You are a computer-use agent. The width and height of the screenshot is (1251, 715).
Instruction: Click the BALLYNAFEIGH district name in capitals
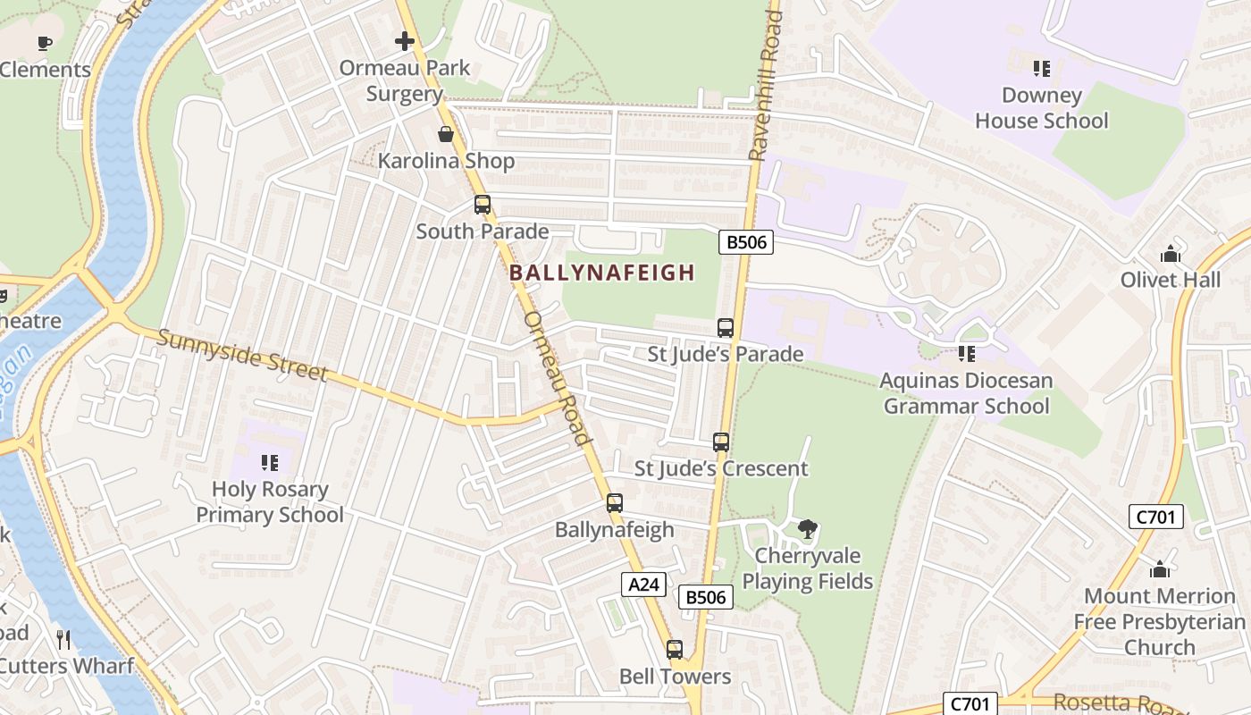[602, 273]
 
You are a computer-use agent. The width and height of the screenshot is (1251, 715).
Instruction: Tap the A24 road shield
[643, 585]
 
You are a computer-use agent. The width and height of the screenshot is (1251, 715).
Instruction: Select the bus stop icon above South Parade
[483, 205]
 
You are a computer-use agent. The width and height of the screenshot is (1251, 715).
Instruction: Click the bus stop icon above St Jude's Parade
[726, 328]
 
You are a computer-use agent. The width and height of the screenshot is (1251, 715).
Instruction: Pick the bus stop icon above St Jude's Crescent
[721, 442]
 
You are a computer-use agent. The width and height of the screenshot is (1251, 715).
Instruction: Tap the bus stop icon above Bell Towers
[675, 650]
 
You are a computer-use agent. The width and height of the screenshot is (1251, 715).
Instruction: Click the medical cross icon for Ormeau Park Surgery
[405, 41]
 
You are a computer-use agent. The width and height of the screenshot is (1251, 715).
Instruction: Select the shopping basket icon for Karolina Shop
[446, 135]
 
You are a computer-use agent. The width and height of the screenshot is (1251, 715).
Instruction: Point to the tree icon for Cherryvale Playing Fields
[808, 529]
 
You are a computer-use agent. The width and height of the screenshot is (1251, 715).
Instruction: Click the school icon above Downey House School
[1041, 69]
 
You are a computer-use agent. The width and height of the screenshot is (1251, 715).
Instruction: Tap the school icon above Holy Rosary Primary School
[270, 463]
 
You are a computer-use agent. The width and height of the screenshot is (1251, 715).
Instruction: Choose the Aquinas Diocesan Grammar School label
[965, 393]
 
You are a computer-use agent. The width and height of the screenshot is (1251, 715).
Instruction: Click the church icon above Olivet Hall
[1171, 254]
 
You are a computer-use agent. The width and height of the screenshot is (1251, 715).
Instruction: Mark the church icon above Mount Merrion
[1160, 569]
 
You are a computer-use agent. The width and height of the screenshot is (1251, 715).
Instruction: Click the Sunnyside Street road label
[242, 354]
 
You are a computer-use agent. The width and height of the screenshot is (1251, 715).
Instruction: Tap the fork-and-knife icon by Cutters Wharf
[63, 639]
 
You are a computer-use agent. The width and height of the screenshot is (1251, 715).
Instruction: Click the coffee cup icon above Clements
[45, 43]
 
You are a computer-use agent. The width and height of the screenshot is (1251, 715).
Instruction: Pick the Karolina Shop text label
[446, 161]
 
